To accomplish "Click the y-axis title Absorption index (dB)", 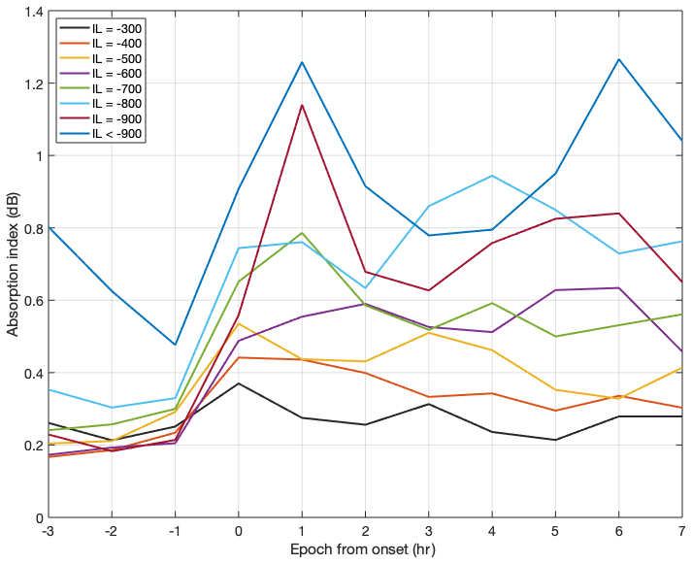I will (13, 264).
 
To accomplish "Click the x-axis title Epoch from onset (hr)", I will (366, 550).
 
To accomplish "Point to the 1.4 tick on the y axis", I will (33, 12).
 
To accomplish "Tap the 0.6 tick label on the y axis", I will (33, 301).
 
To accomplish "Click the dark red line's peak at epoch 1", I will (302, 105).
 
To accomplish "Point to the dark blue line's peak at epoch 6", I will (618, 59).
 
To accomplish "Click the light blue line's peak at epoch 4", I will (492, 176).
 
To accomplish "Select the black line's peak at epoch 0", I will (239, 383).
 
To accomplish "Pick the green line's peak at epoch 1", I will (302, 233).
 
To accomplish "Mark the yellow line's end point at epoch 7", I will (681, 368).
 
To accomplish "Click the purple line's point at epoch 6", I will (618, 287).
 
